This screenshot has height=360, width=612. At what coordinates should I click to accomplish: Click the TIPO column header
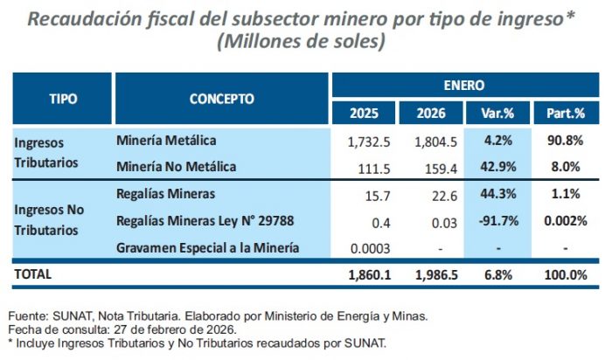tap(62, 98)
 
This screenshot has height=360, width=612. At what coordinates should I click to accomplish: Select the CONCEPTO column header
tap(221, 98)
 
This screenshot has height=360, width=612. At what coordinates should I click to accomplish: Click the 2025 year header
tap(364, 113)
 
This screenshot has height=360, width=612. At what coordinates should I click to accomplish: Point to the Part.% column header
tap(565, 113)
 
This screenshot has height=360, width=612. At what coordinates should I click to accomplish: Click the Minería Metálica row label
tap(165, 140)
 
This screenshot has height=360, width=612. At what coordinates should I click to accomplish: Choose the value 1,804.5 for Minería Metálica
tap(429, 140)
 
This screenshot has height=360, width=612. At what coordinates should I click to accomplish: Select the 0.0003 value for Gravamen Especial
tap(365, 248)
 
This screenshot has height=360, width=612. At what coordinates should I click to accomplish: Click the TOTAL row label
tap(33, 273)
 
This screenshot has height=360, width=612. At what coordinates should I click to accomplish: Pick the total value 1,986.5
tap(429, 274)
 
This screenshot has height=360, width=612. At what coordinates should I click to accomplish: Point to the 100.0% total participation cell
tap(565, 274)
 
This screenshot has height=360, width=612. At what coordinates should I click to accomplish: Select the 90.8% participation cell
tap(565, 140)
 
